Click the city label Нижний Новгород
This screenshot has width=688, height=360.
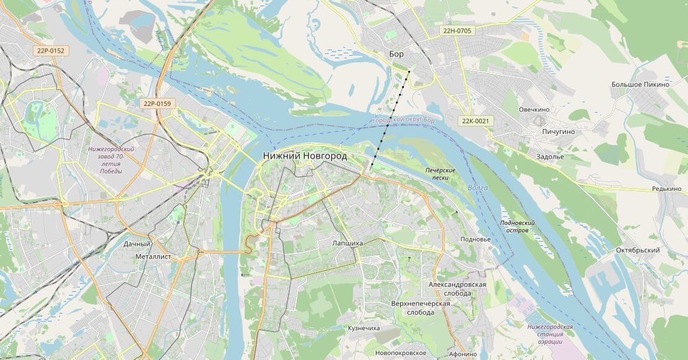[305, 156]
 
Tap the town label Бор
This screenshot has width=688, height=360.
[396, 54]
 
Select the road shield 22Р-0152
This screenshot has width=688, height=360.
[50, 51]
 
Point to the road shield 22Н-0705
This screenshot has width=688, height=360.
[457, 30]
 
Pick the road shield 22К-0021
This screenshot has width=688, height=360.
[476, 121]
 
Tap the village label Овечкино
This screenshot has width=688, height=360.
[534, 110]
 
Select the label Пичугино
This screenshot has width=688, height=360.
[558, 132]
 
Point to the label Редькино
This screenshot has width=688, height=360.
[666, 189]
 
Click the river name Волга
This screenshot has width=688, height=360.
[478, 188]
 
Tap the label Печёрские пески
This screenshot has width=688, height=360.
[440, 174]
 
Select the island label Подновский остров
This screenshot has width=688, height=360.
[517, 226]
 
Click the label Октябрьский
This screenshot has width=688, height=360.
[637, 250]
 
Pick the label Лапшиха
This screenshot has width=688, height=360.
[347, 244]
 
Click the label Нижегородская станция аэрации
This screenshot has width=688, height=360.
[550, 334]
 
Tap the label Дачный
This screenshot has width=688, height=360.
[137, 244]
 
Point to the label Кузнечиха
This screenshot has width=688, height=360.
[364, 328]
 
